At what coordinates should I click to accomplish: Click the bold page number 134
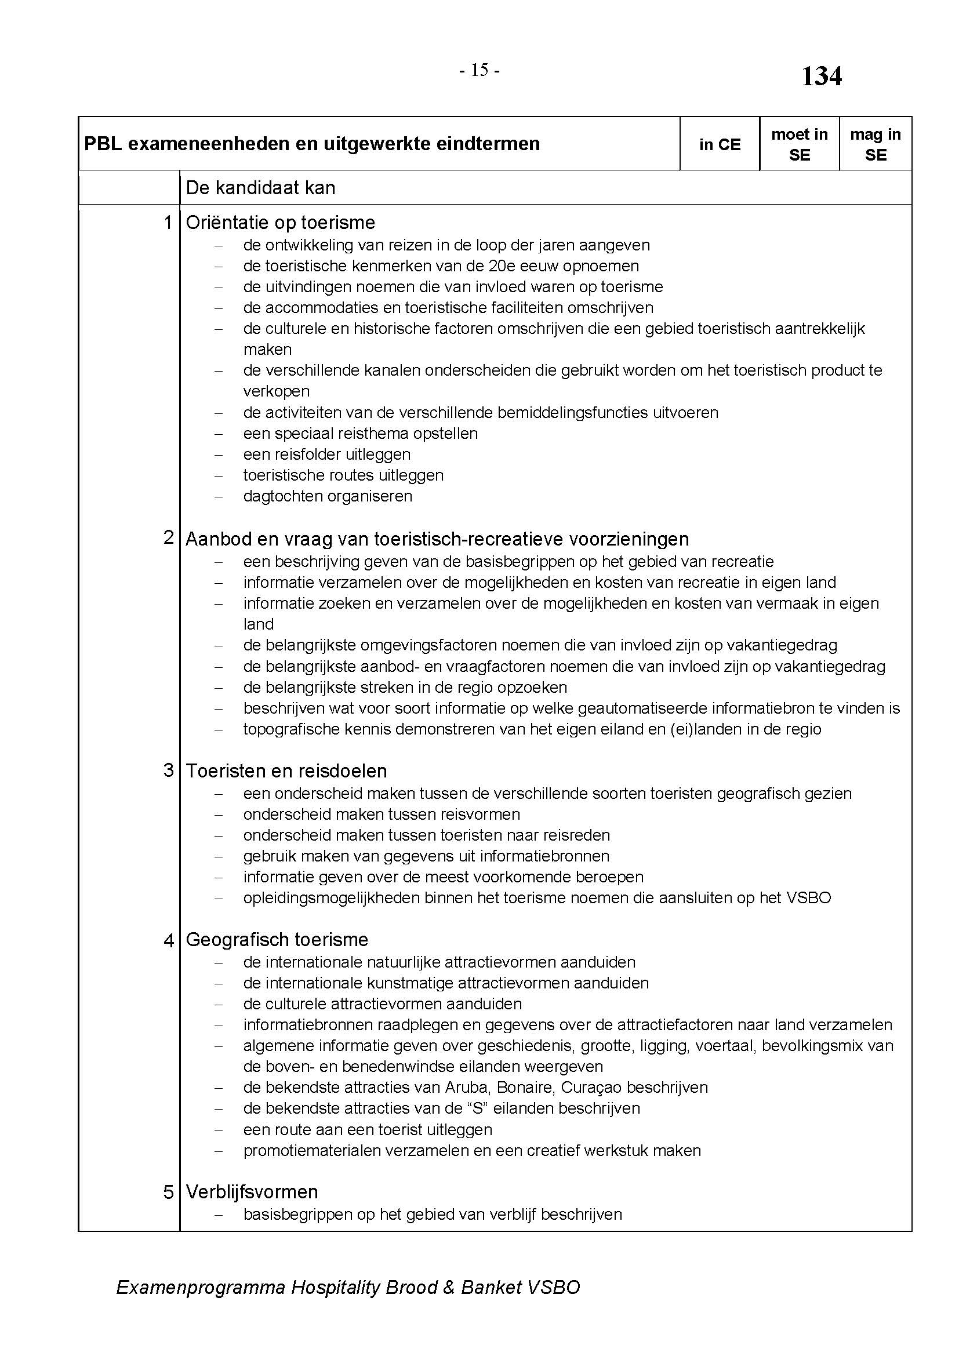pyautogui.click(x=821, y=76)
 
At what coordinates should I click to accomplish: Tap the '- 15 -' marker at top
pyautogui.click(x=479, y=70)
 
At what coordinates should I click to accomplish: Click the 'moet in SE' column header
pyautogui.click(x=799, y=145)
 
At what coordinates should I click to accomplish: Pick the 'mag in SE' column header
pyautogui.click(x=875, y=145)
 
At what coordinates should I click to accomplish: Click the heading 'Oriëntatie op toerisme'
pyautogui.click(x=281, y=223)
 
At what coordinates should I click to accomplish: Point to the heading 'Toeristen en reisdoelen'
pyautogui.click(x=286, y=770)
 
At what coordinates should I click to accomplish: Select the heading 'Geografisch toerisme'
pyautogui.click(x=277, y=940)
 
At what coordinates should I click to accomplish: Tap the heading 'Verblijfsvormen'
pyautogui.click(x=252, y=1192)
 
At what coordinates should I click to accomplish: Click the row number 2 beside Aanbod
pyautogui.click(x=169, y=537)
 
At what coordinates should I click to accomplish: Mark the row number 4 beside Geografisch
pyautogui.click(x=169, y=940)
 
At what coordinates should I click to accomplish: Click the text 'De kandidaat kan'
pyautogui.click(x=260, y=188)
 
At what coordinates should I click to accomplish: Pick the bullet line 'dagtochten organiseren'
pyautogui.click(x=328, y=496)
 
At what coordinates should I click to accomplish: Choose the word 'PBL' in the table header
pyautogui.click(x=103, y=144)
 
